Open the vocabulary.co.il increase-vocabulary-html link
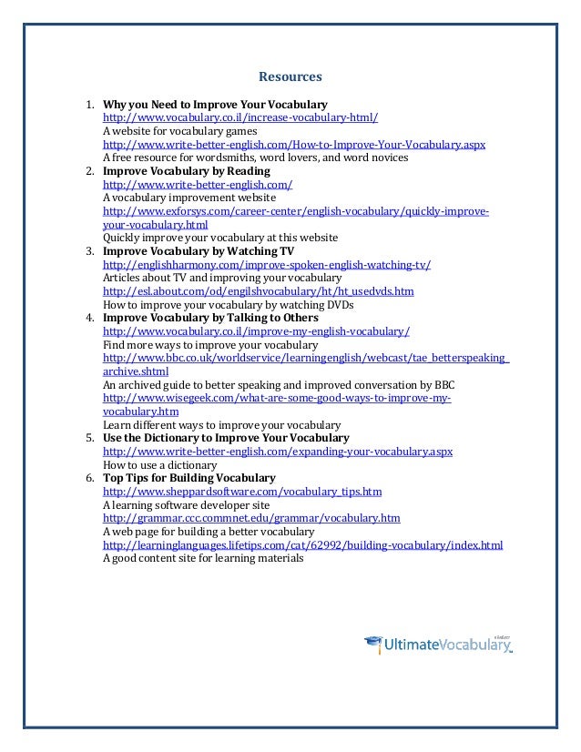240,118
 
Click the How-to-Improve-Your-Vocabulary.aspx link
294,145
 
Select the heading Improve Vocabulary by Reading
193,170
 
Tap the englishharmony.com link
267,265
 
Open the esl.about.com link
259,291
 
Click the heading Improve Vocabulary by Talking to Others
210,319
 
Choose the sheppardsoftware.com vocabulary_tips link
242,491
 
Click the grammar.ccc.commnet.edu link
251,518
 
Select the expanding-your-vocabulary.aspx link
278,451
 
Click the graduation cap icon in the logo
374,644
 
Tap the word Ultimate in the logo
415,647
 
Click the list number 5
89,438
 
